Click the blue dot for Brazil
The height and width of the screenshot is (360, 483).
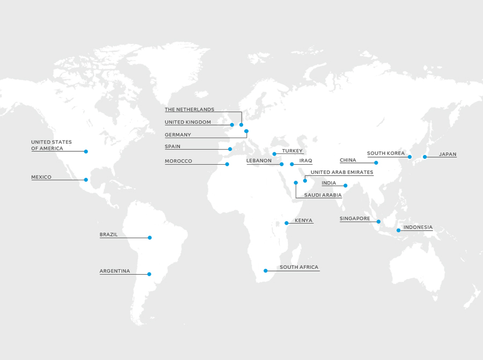(150, 238)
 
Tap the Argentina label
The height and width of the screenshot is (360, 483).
(114, 271)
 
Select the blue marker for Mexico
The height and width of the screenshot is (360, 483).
(86, 180)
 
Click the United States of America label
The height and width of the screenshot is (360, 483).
(51, 145)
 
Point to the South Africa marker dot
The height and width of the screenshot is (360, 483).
(266, 271)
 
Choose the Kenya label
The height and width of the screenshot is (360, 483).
(303, 221)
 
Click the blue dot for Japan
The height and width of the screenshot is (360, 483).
(425, 157)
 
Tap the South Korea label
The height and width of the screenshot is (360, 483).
(385, 153)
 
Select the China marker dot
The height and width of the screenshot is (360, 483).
(376, 163)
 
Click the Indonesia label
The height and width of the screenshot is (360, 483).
(418, 227)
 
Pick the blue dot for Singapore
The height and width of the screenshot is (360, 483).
(378, 222)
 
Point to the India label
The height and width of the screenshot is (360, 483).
(328, 183)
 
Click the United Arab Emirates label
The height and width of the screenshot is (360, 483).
(341, 173)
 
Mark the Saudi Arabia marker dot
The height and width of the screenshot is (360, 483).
(296, 183)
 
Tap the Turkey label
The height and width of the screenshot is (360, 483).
(292, 151)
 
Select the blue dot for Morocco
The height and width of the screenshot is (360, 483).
(227, 164)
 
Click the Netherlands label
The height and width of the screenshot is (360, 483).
(189, 109)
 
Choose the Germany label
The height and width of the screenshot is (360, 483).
(178, 135)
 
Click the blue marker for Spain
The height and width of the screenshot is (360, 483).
(230, 149)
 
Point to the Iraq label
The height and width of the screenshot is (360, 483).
(305, 161)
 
